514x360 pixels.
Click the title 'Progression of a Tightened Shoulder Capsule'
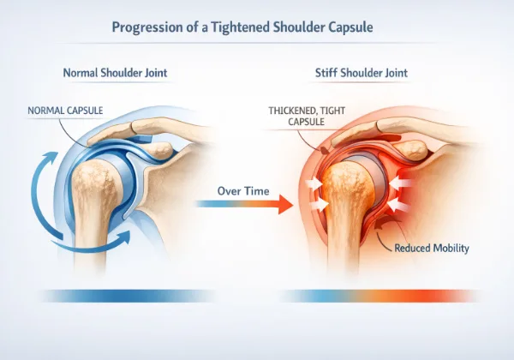[x=256, y=27]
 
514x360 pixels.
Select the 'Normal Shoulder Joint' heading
[x=119, y=73]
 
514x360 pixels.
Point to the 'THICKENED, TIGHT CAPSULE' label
[x=304, y=117]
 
